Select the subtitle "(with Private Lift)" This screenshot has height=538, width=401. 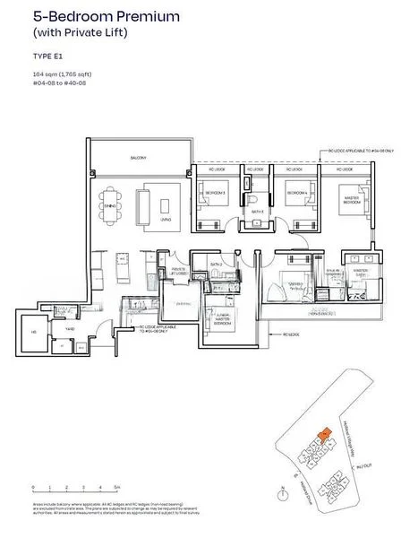pos(76,33)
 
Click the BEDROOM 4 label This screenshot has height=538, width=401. pos(296,193)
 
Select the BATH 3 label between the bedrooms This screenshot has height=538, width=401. pos(256,213)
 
